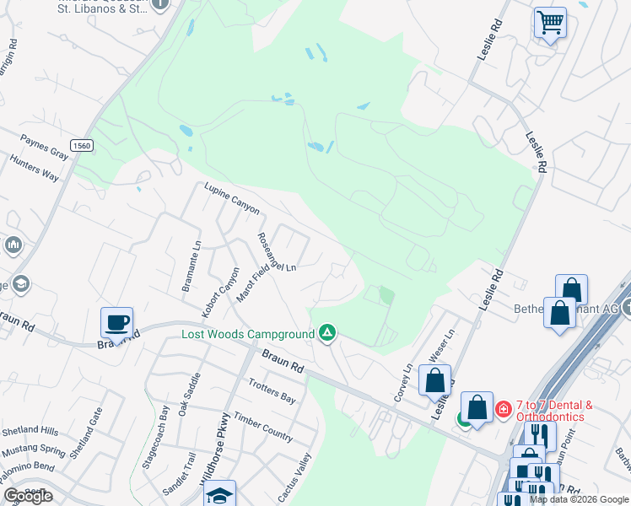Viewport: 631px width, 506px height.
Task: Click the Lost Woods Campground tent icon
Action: [327, 334]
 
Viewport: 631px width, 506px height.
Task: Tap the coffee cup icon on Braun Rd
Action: [116, 321]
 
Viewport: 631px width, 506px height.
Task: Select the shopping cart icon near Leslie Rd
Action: [550, 21]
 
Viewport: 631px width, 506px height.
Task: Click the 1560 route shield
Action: [81, 145]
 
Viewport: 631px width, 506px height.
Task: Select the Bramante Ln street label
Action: [190, 265]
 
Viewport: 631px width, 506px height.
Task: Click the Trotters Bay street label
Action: [272, 391]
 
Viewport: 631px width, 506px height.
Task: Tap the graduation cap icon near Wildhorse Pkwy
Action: [220, 494]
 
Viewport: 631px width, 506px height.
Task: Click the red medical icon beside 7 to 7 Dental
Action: [504, 410]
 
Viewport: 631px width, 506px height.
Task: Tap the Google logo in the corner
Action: [28, 496]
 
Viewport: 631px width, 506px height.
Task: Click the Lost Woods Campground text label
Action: [248, 335]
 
